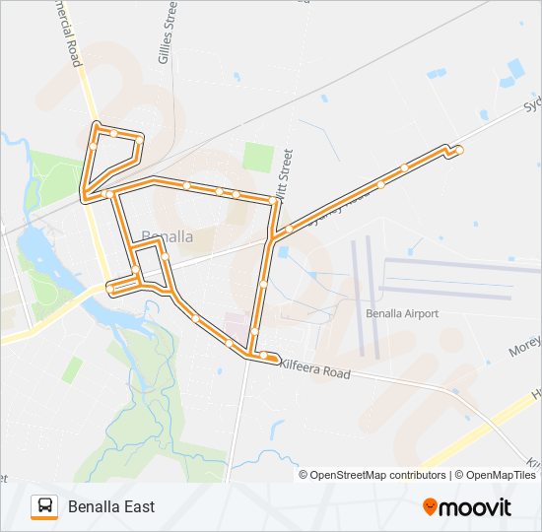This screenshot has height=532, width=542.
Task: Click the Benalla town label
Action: point(167,237)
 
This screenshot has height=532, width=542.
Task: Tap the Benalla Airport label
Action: point(401,313)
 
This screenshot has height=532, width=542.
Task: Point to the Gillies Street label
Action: point(167,33)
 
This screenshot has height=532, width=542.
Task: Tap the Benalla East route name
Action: point(111,507)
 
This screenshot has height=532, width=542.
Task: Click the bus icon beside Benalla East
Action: point(44,506)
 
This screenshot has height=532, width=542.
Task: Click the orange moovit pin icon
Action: point(430,507)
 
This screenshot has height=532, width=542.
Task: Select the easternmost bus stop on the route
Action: point(459,150)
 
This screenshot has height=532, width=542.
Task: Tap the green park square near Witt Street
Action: point(258,156)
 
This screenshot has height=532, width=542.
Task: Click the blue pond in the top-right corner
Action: point(515,69)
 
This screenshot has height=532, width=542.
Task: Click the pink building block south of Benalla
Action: point(235,324)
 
